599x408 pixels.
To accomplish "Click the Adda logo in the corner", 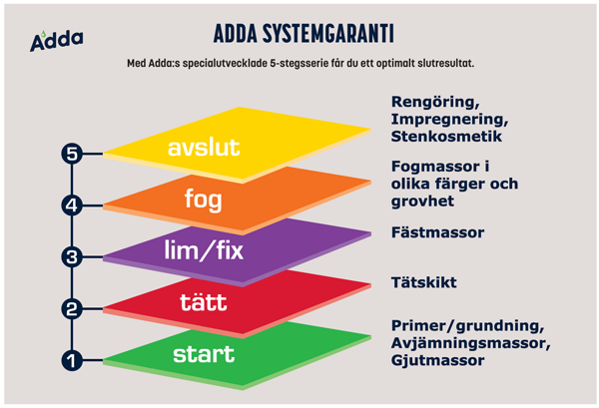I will click(x=56, y=40).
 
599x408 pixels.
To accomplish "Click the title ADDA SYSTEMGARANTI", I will click(x=302, y=33).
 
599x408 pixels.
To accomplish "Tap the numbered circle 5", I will click(x=70, y=154).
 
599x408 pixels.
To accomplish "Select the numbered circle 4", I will click(x=70, y=206).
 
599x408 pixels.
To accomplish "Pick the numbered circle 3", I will click(x=70, y=257).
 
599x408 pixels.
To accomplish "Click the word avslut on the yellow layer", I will click(x=204, y=148).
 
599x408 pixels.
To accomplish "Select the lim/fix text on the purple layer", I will click(x=204, y=249).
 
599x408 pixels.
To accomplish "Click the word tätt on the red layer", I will click(x=204, y=301).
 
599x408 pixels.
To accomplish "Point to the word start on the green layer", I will click(x=204, y=353).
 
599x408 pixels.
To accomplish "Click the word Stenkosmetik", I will click(x=445, y=136).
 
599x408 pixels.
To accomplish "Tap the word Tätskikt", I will click(x=424, y=283).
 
